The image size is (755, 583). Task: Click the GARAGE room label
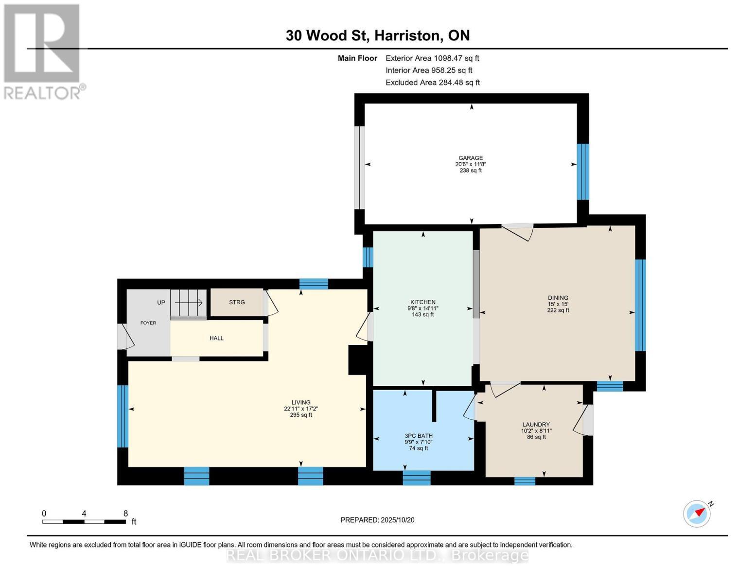pyautogui.click(x=470, y=158)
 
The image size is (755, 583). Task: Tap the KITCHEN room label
pyautogui.click(x=422, y=302)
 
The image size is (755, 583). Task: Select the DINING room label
pyautogui.click(x=558, y=298)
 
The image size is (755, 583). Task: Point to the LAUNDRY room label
pyautogui.click(x=536, y=425)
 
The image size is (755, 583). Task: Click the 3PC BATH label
pyautogui.click(x=418, y=436)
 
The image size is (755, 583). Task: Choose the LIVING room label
pyautogui.click(x=300, y=402)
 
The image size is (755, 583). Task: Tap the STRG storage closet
pyautogui.click(x=237, y=302)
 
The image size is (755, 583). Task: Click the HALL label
pyautogui.click(x=216, y=338)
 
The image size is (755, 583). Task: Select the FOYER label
pyautogui.click(x=148, y=323)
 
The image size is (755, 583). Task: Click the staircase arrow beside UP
pyautogui.click(x=189, y=302)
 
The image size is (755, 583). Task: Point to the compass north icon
pyautogui.click(x=697, y=513)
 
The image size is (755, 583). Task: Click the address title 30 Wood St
pyautogui.click(x=377, y=35)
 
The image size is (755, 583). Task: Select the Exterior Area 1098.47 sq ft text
pyautogui.click(x=432, y=58)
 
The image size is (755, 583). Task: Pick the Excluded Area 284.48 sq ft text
pyautogui.click(x=432, y=83)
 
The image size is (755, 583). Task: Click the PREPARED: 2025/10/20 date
pyautogui.click(x=377, y=520)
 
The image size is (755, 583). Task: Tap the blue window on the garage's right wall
pyautogui.click(x=582, y=171)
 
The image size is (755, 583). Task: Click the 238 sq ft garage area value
pyautogui.click(x=470, y=171)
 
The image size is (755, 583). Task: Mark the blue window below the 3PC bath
pyautogui.click(x=417, y=478)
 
